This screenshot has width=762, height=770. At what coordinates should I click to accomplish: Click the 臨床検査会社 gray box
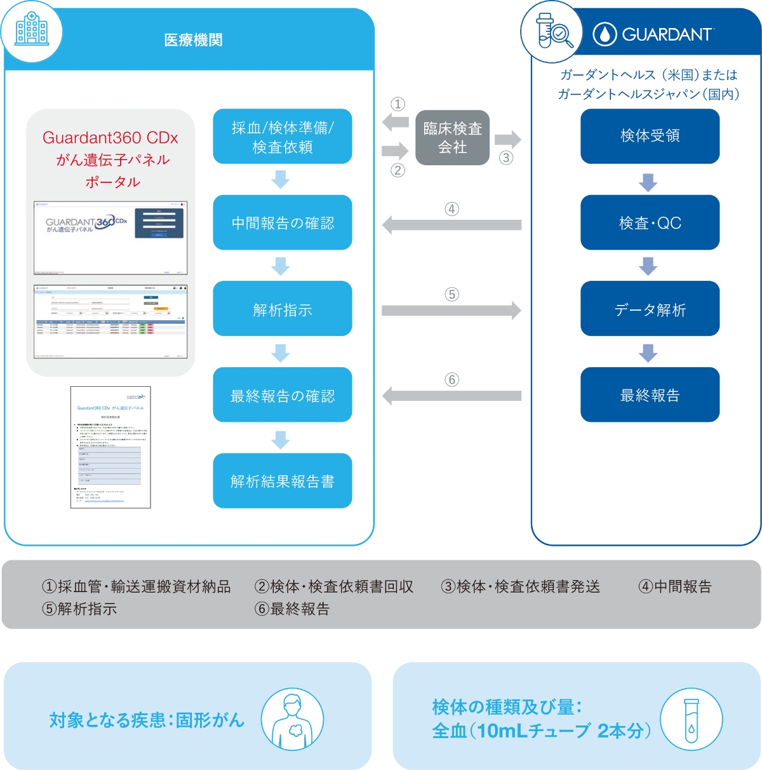pos(452,138)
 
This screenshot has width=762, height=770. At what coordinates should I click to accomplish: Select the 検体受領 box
pos(650,136)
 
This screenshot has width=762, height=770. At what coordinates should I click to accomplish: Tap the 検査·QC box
pos(650,222)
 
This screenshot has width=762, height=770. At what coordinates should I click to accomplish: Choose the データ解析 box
pos(650,309)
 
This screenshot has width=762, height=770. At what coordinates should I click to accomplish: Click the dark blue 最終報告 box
pos(650,395)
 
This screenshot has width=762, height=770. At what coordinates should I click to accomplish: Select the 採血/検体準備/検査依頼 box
pos(283,137)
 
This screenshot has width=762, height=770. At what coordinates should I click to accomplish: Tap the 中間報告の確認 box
pos(283,222)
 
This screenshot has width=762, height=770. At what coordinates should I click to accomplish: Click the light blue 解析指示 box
pos(283,309)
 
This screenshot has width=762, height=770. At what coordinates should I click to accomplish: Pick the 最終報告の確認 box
pos(283,395)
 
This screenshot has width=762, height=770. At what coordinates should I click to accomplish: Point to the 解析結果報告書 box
pos(283,481)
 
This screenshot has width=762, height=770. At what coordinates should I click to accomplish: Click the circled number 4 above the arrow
pos(451,209)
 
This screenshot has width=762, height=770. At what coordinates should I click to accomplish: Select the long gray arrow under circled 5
pos(451,310)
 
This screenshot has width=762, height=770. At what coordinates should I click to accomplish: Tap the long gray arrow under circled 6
pos(451,396)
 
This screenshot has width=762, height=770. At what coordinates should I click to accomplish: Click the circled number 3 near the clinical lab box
pos(506,158)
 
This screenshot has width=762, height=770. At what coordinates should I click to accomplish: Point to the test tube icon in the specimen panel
pos(691,720)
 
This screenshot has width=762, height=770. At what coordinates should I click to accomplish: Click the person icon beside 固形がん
pos(292,720)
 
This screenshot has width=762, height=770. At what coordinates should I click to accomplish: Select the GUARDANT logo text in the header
pos(667,34)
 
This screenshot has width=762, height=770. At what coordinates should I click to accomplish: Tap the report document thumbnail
pos(110,447)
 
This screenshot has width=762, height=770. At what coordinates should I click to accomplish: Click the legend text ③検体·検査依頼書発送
pos(520,586)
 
